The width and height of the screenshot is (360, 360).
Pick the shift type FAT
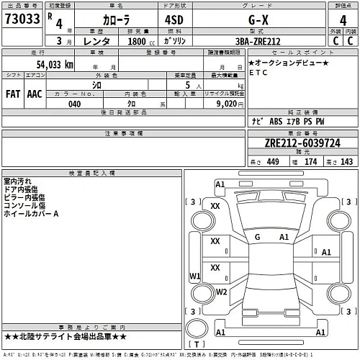[13, 94]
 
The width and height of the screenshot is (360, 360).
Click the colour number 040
[75, 103]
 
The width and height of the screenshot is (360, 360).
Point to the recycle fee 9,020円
[230, 103]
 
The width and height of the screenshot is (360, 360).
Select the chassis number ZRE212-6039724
[302, 143]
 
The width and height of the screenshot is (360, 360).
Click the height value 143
[347, 161]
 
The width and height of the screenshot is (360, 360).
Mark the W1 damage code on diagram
[194, 276]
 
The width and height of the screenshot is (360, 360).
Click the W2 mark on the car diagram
[221, 292]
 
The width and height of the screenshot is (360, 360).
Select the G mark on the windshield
[257, 237]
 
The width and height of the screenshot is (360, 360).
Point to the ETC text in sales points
[258, 73]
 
